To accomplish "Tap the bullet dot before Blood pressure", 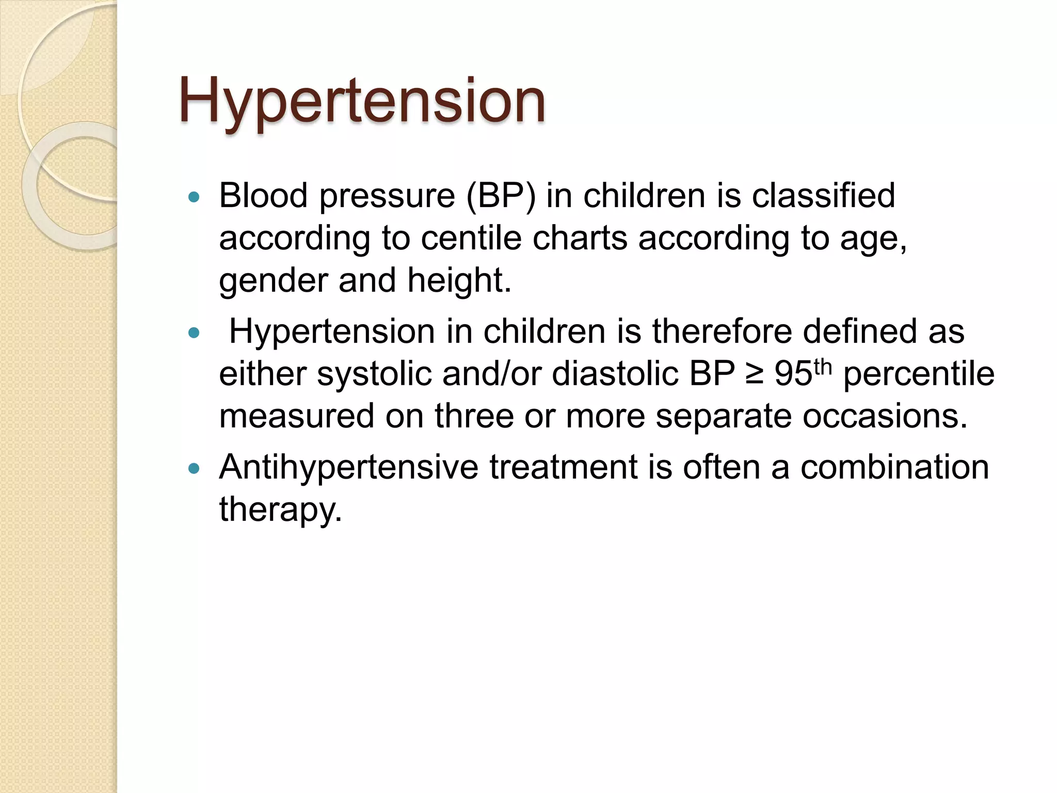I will (x=194, y=197).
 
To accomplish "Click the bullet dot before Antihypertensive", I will (x=194, y=468).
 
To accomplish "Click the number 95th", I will (x=803, y=373).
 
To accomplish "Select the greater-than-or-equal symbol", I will (x=755, y=375).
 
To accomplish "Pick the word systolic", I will (x=374, y=375).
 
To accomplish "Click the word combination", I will (x=894, y=467).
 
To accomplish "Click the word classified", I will (x=823, y=196).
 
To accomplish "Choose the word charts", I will (x=580, y=239).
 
